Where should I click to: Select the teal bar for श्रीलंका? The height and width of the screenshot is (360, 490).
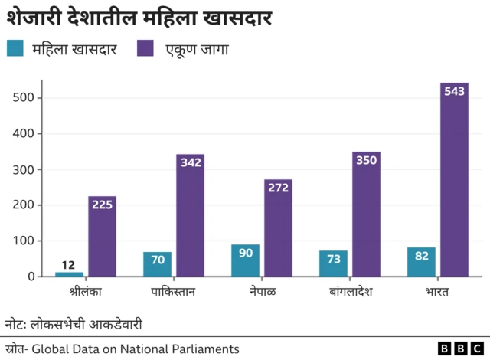(70, 273)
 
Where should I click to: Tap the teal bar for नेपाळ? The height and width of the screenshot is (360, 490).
(245, 260)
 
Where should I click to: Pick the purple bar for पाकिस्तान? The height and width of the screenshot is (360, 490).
(191, 215)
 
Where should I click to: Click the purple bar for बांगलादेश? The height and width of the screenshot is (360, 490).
(367, 214)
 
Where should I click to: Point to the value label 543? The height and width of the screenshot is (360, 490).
(455, 91)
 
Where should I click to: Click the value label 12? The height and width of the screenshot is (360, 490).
(70, 264)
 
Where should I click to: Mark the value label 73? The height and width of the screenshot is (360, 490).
(333, 260)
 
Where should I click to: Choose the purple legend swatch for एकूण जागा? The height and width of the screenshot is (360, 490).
(145, 49)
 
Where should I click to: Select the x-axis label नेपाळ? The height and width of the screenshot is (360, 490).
(263, 292)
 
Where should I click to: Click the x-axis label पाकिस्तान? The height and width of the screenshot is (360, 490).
(174, 292)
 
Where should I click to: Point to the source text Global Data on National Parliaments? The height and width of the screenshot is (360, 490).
(135, 349)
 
